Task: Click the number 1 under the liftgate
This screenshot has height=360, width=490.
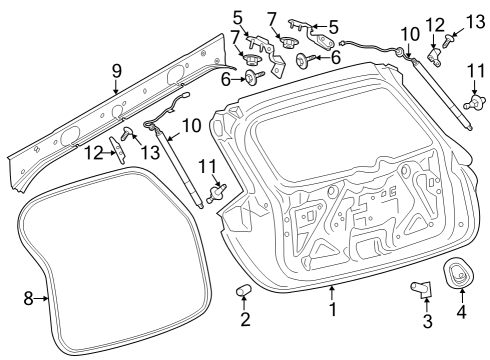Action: (x=333, y=310)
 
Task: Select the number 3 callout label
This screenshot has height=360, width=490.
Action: (x=427, y=321)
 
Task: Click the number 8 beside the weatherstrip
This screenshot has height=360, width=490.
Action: (x=28, y=298)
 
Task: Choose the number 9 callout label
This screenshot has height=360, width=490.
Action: (x=116, y=72)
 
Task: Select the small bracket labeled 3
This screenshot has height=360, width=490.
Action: (x=421, y=289)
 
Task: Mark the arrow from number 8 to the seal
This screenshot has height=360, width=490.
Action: (x=42, y=298)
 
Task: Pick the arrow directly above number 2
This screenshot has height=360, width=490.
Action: (x=244, y=304)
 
